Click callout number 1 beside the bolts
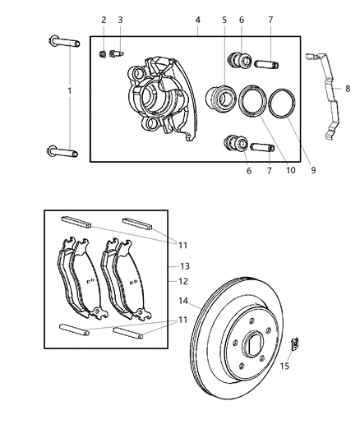(x=70, y=90)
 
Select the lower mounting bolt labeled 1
(x=62, y=151)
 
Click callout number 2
(x=104, y=20)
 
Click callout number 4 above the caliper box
(x=198, y=20)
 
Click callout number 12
(x=183, y=282)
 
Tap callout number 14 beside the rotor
(x=183, y=302)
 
